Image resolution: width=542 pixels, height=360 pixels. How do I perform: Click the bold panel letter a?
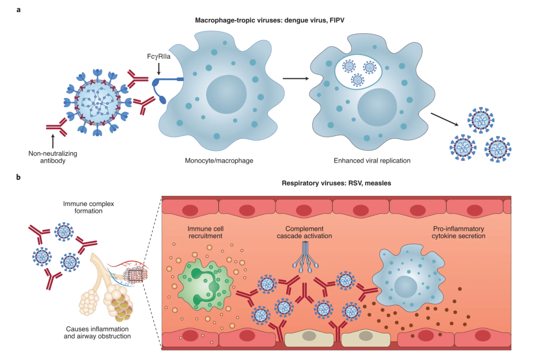[19, 11]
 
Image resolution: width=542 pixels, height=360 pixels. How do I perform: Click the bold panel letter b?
[19, 177]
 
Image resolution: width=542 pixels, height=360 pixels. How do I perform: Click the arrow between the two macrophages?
[297, 79]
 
